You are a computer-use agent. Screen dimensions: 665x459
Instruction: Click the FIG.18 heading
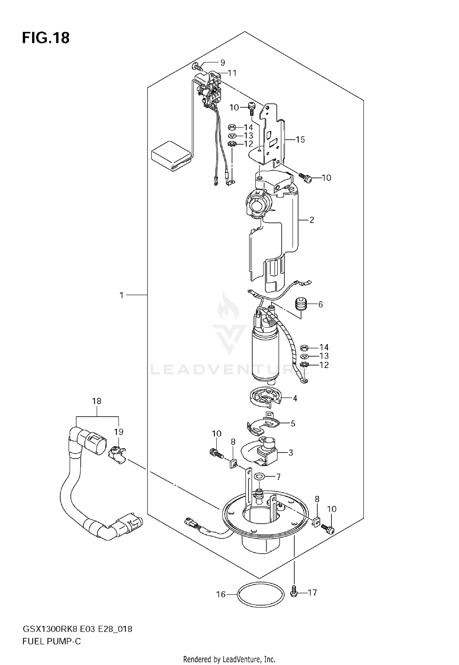click(x=46, y=38)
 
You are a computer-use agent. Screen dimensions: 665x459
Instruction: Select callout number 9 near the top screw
click(x=222, y=63)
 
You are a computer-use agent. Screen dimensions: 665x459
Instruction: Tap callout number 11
click(x=232, y=73)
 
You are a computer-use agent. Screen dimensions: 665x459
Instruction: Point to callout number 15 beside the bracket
click(x=300, y=140)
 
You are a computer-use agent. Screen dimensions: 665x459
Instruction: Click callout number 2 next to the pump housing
click(x=312, y=220)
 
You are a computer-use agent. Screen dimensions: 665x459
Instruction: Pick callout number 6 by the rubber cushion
click(x=320, y=304)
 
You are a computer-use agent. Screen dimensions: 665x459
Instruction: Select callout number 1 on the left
click(x=121, y=295)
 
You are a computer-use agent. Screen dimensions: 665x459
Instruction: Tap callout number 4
click(x=295, y=398)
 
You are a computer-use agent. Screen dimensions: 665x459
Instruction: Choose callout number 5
click(x=293, y=424)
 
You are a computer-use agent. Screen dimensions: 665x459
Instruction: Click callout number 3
click(x=290, y=453)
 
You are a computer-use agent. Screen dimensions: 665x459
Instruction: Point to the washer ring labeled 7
click(x=259, y=476)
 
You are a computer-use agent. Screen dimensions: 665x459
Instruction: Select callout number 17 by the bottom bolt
click(x=312, y=593)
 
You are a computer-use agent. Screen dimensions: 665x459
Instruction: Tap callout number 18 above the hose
click(x=97, y=401)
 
